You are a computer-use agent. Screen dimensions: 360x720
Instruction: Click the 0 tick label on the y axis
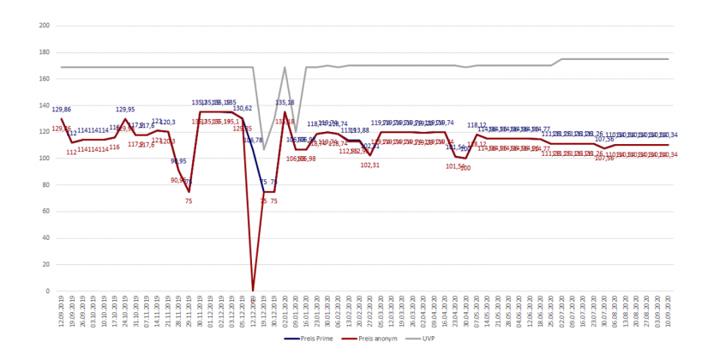48,291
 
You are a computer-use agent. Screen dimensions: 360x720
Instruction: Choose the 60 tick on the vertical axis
46,212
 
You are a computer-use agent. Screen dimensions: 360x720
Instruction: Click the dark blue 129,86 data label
62,110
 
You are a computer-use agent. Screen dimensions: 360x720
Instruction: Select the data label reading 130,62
242,109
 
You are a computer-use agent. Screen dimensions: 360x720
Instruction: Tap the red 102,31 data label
370,165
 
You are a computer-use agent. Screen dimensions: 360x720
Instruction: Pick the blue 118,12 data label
477,125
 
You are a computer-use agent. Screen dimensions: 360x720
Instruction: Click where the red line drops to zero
253,291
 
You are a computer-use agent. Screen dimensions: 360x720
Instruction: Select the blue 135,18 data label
285,103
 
